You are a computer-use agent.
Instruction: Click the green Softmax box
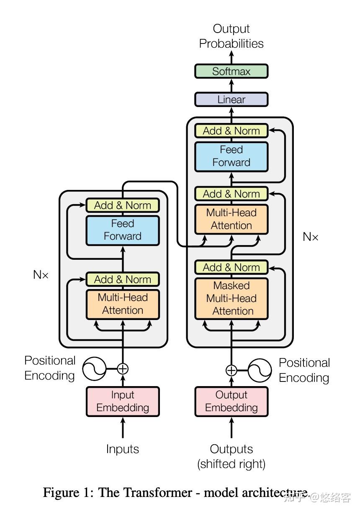coord(231,71)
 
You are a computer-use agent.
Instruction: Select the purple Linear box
coord(231,100)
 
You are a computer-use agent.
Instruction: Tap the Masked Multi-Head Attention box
coord(231,298)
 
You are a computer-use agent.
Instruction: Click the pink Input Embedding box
coord(123,401)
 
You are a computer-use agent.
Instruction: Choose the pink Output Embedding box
coord(231,401)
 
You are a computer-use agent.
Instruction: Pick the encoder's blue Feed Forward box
coord(123,230)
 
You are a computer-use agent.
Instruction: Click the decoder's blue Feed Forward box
coord(231,156)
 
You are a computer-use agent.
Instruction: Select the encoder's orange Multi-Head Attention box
coord(123,304)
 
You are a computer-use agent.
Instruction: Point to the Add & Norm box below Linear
coord(231,131)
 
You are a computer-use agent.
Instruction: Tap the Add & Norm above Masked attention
coord(231,267)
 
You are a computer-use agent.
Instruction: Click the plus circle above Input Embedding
coord(123,369)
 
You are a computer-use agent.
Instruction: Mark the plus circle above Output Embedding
coord(231,370)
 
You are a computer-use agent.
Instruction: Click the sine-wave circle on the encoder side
coord(94,369)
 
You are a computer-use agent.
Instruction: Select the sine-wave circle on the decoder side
coord(260,370)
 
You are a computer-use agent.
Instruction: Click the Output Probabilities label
coord(231,36)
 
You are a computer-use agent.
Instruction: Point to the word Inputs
coord(123,449)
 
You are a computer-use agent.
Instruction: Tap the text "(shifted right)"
coord(231,464)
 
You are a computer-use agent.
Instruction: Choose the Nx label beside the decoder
coord(310,237)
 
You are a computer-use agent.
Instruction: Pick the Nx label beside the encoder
coord(41,275)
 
